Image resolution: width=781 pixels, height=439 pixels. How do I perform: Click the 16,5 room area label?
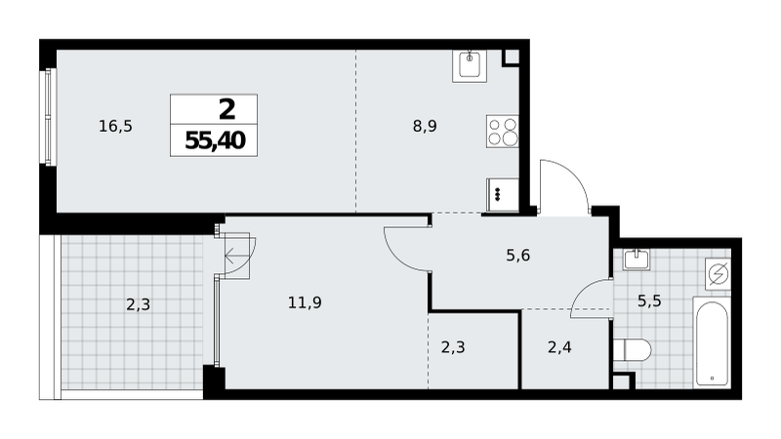(x=115, y=127)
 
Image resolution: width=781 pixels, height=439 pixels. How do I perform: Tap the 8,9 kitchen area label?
(x=425, y=127)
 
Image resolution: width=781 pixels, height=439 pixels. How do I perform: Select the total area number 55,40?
(x=215, y=140)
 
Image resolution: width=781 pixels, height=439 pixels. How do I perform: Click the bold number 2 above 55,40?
(x=227, y=109)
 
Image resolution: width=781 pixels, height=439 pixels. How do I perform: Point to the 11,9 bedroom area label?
(x=305, y=302)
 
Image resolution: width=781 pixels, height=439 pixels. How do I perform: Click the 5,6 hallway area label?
(x=518, y=256)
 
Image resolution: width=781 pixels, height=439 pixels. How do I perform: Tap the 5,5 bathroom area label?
(x=649, y=300)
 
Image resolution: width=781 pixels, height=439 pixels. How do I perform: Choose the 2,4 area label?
(x=559, y=347)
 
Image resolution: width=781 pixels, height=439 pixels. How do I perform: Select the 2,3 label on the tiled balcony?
(x=138, y=304)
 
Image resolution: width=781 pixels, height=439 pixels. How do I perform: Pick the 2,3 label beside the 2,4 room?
(x=453, y=347)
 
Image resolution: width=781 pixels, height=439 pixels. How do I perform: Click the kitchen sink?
(x=470, y=65)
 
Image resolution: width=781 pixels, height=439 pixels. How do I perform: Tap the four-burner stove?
(x=503, y=132)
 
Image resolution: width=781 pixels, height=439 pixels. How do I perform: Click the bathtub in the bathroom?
(x=712, y=342)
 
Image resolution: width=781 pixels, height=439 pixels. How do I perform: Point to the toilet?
(x=632, y=350)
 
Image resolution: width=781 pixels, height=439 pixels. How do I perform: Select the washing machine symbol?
(x=718, y=274)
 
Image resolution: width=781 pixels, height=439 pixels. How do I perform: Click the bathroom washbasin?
(x=637, y=259)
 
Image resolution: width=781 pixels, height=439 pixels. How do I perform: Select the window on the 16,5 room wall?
(x=48, y=117)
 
